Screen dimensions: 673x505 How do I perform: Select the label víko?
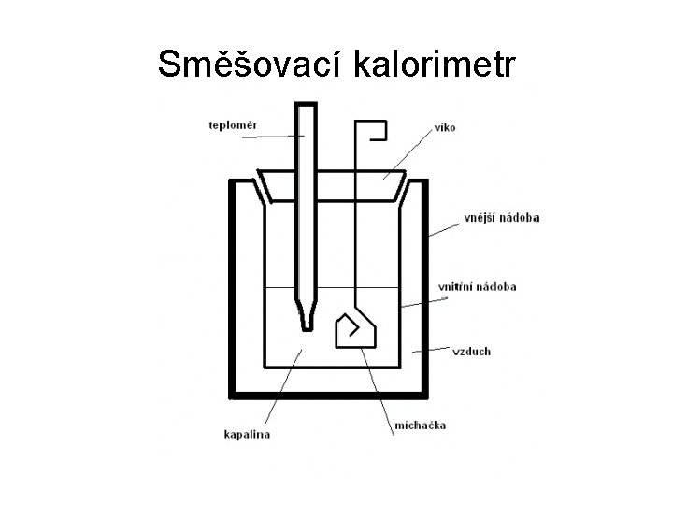click(x=444, y=127)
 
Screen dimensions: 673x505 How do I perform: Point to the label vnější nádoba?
click(x=501, y=218)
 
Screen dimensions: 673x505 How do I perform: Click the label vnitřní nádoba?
click(x=477, y=286)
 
